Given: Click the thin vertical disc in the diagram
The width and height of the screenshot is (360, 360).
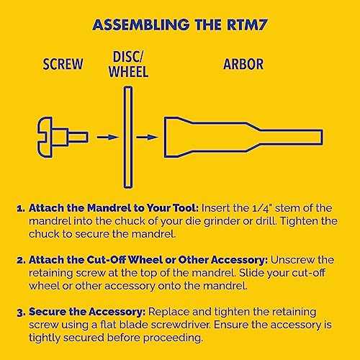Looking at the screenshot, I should [127, 135].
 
